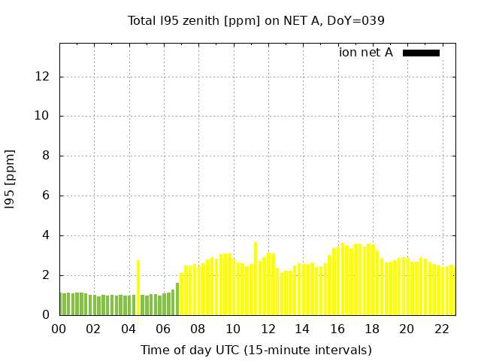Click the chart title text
tap(256, 21)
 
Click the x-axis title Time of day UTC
tap(256, 350)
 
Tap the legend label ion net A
tap(366, 53)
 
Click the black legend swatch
tap(421, 53)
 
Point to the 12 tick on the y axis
tap(43, 77)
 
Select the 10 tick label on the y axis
tap(43, 117)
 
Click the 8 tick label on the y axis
tap(46, 156)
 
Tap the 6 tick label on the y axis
tap(46, 196)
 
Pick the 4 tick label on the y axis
tap(46, 235)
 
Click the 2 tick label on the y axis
tap(46, 275)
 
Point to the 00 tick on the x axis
tap(59, 329)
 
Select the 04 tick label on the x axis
tap(129, 329)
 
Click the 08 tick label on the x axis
tap(198, 329)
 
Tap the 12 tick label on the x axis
tap(268, 329)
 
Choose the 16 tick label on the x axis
tap(337, 329)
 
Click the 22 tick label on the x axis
tap(441, 329)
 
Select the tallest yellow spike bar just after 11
tap(256, 279)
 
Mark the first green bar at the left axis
tap(61, 304)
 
